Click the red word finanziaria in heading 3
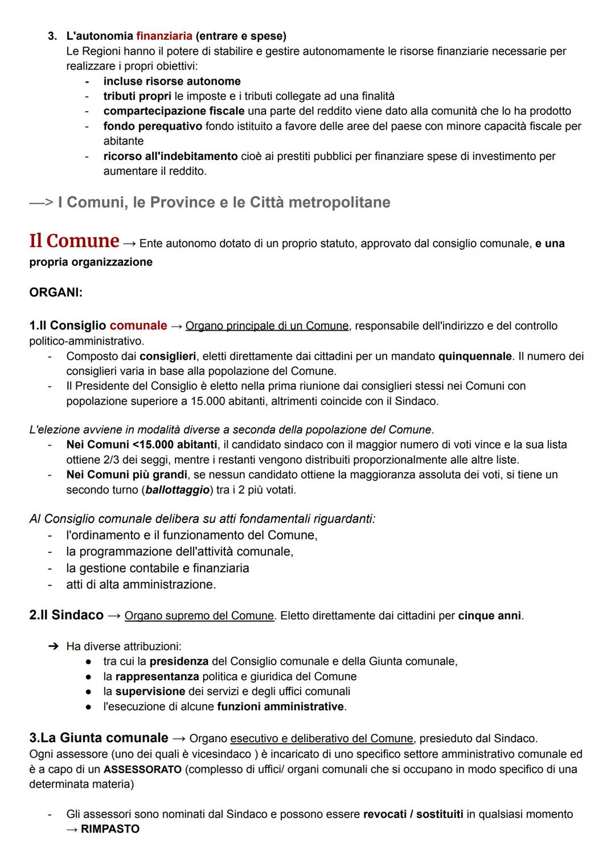pyautogui.click(x=164, y=36)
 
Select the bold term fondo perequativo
pyautogui.click(x=152, y=126)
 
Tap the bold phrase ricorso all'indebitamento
pyautogui.click(x=170, y=156)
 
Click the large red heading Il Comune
pyautogui.click(x=74, y=241)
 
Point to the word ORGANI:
pyautogui.click(x=56, y=293)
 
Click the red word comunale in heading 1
pyautogui.click(x=138, y=326)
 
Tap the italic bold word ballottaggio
pyautogui.click(x=178, y=489)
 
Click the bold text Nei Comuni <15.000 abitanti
pyautogui.click(x=142, y=444)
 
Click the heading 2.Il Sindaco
pyautogui.click(x=66, y=615)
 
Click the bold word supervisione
pyautogui.click(x=150, y=691)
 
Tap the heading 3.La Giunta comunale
pyautogui.click(x=99, y=738)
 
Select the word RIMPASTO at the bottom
pyautogui.click(x=110, y=829)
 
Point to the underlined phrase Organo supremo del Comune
pyautogui.click(x=199, y=616)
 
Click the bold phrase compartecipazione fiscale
pyautogui.click(x=174, y=111)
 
